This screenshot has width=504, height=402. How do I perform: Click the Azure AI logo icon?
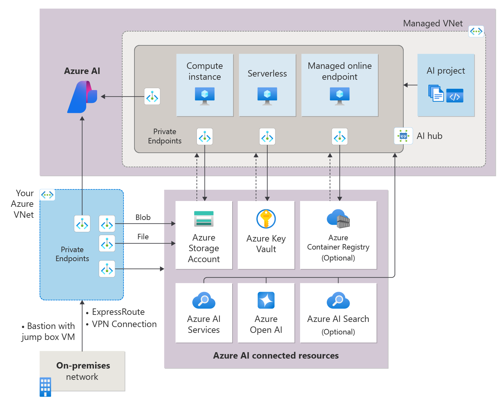tap(82, 97)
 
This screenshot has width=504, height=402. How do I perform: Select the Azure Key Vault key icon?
tap(266, 219)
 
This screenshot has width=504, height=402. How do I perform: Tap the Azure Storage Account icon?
tap(204, 219)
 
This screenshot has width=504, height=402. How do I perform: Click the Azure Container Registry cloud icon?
tap(338, 219)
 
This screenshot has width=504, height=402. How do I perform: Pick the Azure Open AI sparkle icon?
tap(266, 300)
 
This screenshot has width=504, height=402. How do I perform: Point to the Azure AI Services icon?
tap(204, 300)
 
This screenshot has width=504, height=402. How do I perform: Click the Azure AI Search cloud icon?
tap(338, 300)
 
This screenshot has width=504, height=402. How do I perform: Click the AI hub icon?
tap(403, 136)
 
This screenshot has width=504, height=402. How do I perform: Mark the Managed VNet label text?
tap(433, 23)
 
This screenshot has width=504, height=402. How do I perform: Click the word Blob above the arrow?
tap(143, 217)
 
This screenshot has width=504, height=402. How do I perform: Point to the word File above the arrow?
tap(143, 237)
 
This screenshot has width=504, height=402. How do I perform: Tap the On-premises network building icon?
tap(45, 387)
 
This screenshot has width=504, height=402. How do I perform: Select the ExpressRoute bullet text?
tap(118, 312)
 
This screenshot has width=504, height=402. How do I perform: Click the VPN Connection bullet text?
tap(124, 324)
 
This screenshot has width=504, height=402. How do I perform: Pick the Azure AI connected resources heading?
tap(276, 355)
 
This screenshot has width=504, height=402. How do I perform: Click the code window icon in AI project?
tap(455, 96)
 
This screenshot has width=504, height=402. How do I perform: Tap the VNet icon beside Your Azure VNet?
tap(47, 195)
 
